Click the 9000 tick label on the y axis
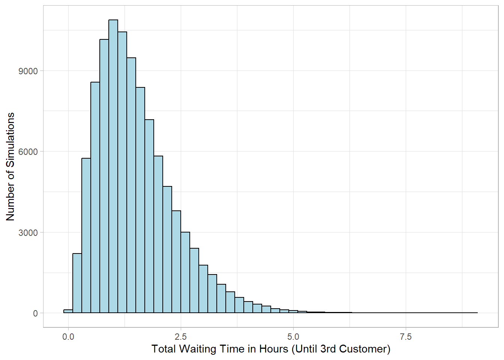coord(28,71)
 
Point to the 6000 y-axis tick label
coord(28,152)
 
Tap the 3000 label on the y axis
coord(28,233)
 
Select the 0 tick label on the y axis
coord(35,313)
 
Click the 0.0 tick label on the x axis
coord(68,337)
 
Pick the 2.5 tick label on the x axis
coord(181,337)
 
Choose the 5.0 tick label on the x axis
coord(293,337)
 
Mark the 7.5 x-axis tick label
coord(406,337)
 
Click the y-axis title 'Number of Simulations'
coord(10,166)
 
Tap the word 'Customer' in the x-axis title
coord(364,349)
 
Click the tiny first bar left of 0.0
coord(68,311)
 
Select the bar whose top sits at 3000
coord(185,273)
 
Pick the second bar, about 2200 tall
coord(77,283)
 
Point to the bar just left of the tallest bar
coord(104,176)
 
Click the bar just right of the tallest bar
coord(122,172)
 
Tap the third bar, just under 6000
coord(86,235)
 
